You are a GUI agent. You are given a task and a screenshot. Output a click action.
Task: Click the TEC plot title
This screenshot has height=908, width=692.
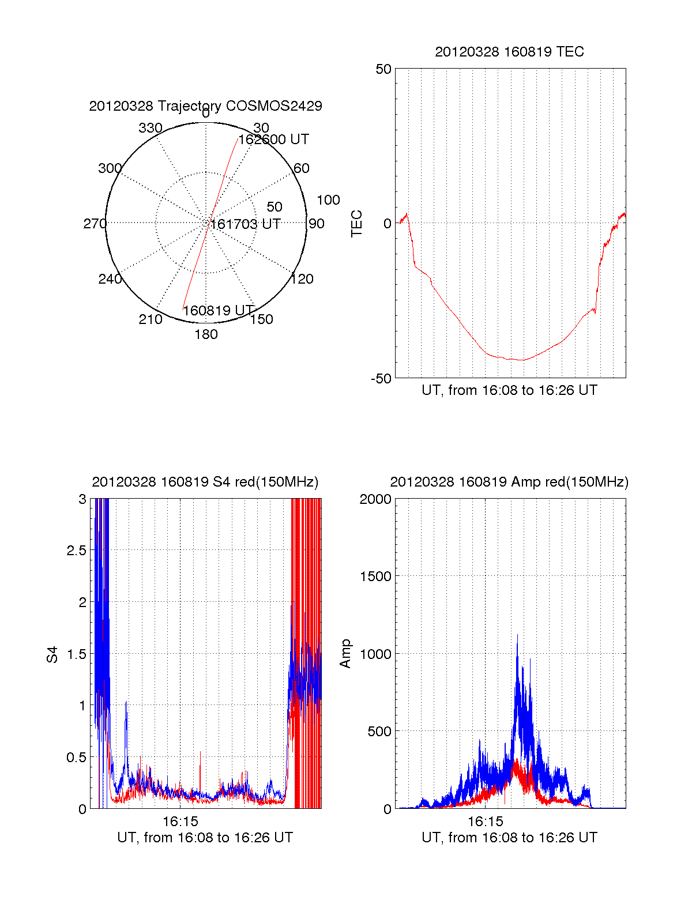coord(509,52)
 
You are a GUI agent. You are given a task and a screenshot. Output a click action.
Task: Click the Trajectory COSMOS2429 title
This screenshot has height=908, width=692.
coord(205,106)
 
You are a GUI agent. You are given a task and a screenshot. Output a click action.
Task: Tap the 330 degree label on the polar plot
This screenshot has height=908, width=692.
coord(151,128)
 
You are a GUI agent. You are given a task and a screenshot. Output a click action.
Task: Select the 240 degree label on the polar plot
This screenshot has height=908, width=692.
coord(110,279)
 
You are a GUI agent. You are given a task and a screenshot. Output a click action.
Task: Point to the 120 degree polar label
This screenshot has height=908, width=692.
coord(302,279)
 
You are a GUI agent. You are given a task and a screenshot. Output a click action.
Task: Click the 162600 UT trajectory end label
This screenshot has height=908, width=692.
coord(274,140)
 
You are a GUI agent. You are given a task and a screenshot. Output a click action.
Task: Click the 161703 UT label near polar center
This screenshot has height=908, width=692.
coord(246,224)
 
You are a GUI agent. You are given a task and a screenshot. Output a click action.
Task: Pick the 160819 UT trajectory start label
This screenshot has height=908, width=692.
coord(219,311)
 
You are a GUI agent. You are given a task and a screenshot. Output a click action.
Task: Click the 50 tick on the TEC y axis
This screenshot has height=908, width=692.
coord(383,69)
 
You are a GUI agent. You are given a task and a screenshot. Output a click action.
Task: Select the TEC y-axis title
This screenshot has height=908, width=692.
coord(357,224)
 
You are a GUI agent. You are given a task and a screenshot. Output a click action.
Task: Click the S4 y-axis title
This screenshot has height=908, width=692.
coord(52,654)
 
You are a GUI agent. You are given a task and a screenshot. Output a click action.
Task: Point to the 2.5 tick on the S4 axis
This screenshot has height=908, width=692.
coord(76,551)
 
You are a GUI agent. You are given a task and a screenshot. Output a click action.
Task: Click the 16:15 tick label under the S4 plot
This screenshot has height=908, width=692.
coord(180,822)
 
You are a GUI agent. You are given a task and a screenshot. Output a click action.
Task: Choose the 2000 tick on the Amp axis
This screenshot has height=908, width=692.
coord(375,499)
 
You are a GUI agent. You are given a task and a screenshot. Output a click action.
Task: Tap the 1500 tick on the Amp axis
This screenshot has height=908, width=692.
coord(375,577)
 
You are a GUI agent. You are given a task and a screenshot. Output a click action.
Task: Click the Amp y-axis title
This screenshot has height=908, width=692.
coord(345,654)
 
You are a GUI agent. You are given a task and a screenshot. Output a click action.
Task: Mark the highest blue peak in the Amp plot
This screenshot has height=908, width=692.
coord(517,635)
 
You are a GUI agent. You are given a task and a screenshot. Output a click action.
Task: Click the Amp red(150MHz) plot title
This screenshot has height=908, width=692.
coord(509,482)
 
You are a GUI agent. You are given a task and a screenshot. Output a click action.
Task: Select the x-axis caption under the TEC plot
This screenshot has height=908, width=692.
coord(509,390)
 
